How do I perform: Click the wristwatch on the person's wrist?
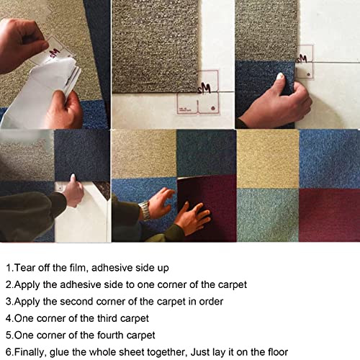point(145,210)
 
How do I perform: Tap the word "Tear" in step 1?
point(23,268)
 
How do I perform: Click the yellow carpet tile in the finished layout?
point(268,159)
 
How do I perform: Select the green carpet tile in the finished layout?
point(268,215)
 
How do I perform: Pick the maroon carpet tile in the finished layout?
point(329,215)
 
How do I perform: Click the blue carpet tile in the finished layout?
point(329,159)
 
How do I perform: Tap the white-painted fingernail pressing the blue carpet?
point(280,76)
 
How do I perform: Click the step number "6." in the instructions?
point(10,352)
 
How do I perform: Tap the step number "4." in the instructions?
point(10,318)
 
